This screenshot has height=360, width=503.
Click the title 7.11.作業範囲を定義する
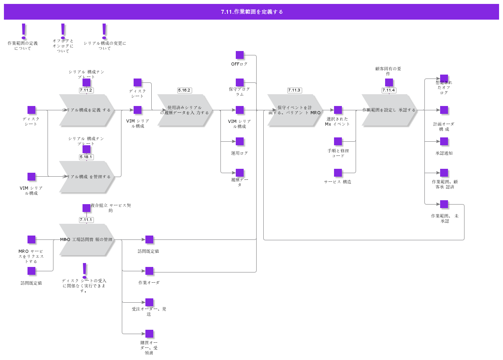(x=251, y=12)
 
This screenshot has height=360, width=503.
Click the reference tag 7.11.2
(x=86, y=90)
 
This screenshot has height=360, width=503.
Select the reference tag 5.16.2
(x=184, y=90)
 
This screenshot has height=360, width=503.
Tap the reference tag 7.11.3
(x=294, y=90)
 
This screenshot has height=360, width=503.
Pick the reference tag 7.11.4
(x=389, y=90)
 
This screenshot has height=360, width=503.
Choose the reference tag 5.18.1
(x=86, y=157)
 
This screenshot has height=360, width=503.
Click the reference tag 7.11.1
(x=86, y=220)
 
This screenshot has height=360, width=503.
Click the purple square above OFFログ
(x=240, y=55)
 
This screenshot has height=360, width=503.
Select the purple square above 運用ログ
(x=240, y=141)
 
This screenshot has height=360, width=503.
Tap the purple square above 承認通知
(x=444, y=141)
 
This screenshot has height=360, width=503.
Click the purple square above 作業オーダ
(x=149, y=271)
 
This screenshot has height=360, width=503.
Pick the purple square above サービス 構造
(x=338, y=173)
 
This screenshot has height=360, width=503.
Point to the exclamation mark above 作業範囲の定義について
(x=24, y=31)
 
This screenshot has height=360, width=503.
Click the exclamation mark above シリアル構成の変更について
(x=104, y=31)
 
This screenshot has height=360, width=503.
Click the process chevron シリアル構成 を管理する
(x=87, y=177)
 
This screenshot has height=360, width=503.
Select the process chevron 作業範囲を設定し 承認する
(x=389, y=110)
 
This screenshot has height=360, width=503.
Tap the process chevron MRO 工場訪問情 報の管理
(x=87, y=239)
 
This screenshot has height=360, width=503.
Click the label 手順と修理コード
(x=338, y=153)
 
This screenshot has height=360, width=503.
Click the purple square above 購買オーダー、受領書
(x=149, y=334)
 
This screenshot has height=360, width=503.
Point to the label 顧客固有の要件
(x=388, y=71)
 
